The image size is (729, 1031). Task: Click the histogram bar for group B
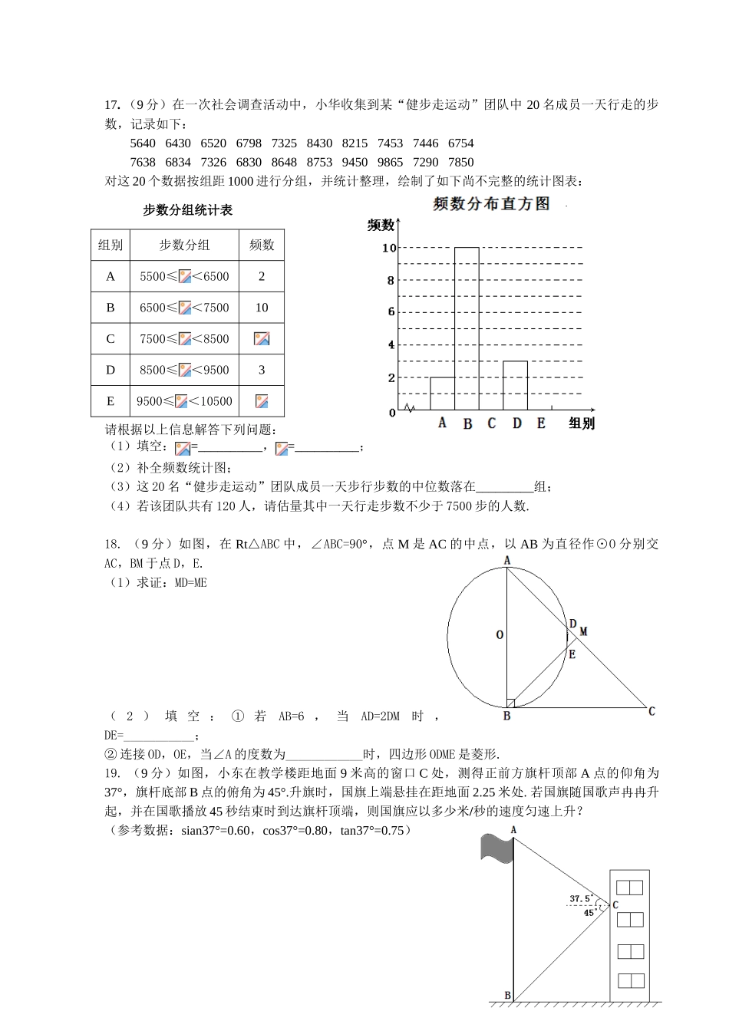[467, 329]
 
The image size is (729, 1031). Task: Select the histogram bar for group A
[442, 394]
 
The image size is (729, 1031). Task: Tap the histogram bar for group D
[515, 385]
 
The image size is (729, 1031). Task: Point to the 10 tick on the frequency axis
[389, 248]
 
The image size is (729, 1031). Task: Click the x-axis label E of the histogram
[541, 423]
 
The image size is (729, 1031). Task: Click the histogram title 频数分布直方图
[491, 204]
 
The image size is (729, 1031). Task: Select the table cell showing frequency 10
[262, 308]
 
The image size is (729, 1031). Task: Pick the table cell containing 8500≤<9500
[184, 370]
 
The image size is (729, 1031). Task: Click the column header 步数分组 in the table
[184, 245]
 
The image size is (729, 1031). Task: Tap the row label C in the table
[111, 339]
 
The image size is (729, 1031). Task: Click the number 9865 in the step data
[390, 162]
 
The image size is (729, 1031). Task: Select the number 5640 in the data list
[143, 143]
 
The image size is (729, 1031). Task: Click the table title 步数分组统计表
[187, 210]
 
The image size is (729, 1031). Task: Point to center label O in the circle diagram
[500, 635]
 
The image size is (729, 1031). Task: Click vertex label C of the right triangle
[651, 711]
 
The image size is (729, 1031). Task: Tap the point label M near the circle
[583, 631]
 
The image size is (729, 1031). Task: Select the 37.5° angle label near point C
[580, 898]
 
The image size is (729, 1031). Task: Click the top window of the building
[630, 888]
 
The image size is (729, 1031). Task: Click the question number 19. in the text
[112, 773]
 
